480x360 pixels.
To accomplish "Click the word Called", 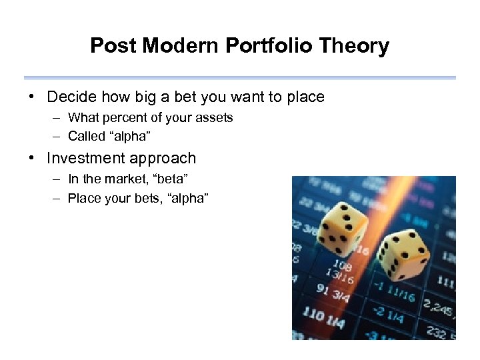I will tap(85, 137).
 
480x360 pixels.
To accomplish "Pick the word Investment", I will tap(87, 159).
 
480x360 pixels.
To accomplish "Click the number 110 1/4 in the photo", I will tap(323, 317).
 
